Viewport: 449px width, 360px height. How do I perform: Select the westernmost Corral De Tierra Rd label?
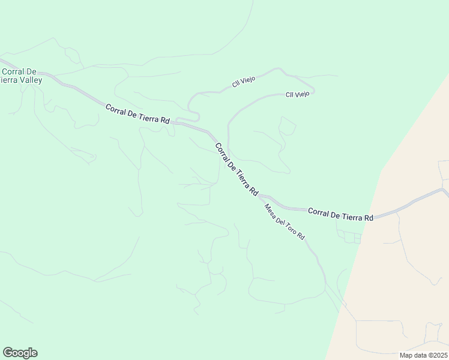pos(137,114)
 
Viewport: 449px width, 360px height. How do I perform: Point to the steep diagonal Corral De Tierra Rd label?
pos(237,169)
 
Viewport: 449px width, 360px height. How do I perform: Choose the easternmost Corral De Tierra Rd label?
pos(340,214)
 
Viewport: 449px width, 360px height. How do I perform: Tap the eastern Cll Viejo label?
pos(297,94)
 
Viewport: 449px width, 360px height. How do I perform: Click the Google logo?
pos(20,353)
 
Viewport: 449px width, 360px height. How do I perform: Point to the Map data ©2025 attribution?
pos(424,355)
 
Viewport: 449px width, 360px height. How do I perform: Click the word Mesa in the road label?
pos(270,209)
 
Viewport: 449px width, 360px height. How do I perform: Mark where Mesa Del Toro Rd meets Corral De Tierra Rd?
pos(259,196)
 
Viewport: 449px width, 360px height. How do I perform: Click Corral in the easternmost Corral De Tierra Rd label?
pos(318,212)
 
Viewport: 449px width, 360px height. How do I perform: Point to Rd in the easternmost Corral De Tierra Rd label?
pos(369,217)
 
